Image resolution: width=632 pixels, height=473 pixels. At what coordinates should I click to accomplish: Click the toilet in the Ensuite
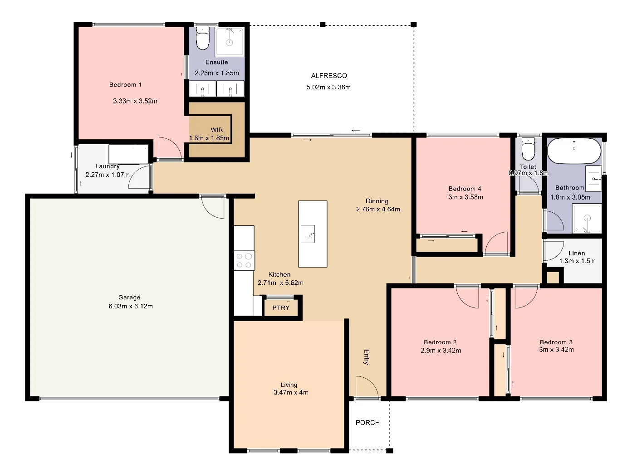tap(203, 39)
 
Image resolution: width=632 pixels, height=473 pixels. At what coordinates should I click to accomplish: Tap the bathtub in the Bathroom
tap(574, 151)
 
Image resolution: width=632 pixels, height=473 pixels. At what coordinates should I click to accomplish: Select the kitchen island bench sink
tap(308, 234)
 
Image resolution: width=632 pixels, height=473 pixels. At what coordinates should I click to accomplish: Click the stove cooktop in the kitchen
tap(244, 261)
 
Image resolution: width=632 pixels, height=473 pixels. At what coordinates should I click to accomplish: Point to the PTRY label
tap(281, 307)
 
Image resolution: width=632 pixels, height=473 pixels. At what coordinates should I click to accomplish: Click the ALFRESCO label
tap(329, 76)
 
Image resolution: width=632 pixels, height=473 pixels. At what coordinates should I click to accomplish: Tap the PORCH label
tap(367, 422)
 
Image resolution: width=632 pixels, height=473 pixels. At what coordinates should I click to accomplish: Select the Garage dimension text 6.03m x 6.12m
tap(129, 306)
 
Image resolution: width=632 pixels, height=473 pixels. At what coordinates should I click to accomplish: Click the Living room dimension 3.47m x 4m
tap(291, 392)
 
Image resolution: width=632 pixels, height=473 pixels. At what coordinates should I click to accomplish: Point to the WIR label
tap(216, 130)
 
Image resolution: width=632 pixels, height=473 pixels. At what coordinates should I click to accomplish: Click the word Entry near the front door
tap(367, 356)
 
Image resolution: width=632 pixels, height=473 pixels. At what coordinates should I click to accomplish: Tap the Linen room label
tap(577, 253)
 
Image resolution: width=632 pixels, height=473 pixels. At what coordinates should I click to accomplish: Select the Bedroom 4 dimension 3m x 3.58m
tap(465, 197)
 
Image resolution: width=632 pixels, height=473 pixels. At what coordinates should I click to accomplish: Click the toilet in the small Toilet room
tap(528, 150)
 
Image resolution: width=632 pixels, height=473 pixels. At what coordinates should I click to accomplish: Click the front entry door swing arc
tap(367, 386)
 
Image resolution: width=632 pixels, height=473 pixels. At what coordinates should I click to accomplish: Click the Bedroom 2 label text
tap(440, 342)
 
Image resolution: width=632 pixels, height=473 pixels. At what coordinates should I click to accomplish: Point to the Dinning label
tap(377, 201)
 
